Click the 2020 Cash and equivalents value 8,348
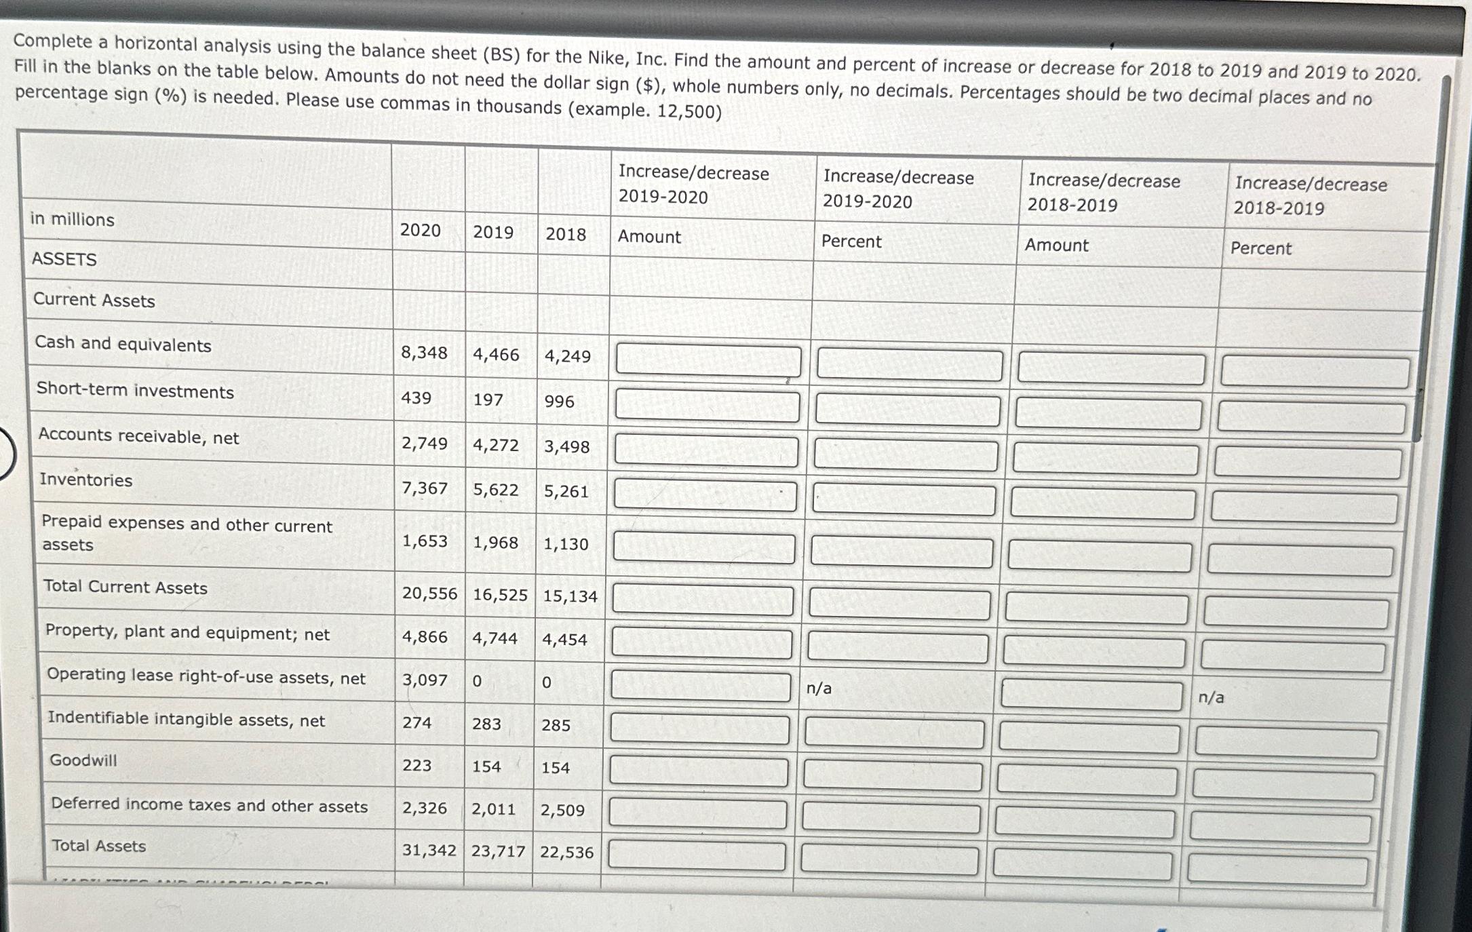[x=424, y=353]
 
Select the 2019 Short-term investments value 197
[x=488, y=400]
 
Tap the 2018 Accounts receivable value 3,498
[x=566, y=447]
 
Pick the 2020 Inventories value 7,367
[x=425, y=488]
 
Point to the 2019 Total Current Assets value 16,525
[x=500, y=595]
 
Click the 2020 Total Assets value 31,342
[x=429, y=850]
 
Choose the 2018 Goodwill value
[x=555, y=768]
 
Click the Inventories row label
[x=85, y=480]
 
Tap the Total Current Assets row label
[x=125, y=587]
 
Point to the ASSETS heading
[x=64, y=259]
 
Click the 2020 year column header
[x=420, y=231]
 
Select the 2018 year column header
[x=565, y=235]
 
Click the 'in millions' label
[x=72, y=220]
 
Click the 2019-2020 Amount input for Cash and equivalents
[x=708, y=361]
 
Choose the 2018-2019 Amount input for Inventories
[x=1102, y=505]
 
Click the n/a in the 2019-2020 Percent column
[x=819, y=688]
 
